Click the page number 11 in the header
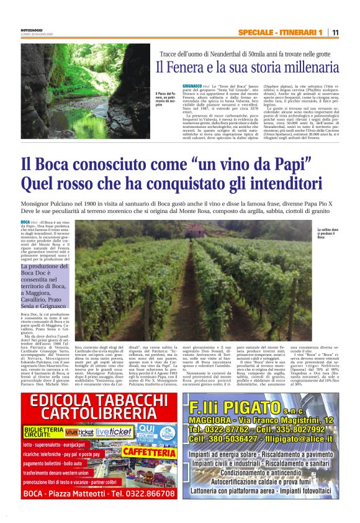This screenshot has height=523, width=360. [335, 32]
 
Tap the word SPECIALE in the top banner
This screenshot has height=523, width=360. [255, 32]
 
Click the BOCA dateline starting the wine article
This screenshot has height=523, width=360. [25, 222]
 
